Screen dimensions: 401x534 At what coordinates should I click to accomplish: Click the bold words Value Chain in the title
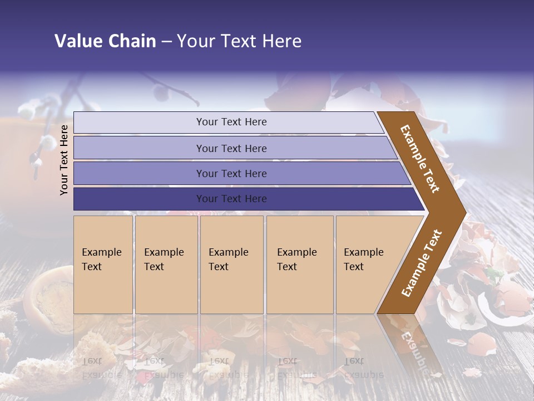105,41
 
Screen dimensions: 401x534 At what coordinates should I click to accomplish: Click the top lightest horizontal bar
139,123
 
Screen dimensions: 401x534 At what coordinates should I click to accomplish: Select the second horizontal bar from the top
139,148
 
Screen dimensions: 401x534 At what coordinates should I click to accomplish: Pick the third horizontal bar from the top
139,174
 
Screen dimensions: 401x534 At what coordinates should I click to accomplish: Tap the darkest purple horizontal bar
139,199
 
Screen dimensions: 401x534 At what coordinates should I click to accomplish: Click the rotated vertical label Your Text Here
65,160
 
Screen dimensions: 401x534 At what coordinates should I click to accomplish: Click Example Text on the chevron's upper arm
420,159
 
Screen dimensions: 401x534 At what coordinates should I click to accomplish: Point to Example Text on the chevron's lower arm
422,263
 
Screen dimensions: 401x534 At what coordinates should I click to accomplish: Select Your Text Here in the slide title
239,41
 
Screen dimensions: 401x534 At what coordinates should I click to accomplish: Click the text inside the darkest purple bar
231,199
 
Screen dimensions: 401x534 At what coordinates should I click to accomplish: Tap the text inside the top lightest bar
231,122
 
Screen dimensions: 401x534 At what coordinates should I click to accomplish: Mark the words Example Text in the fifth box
363,259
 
